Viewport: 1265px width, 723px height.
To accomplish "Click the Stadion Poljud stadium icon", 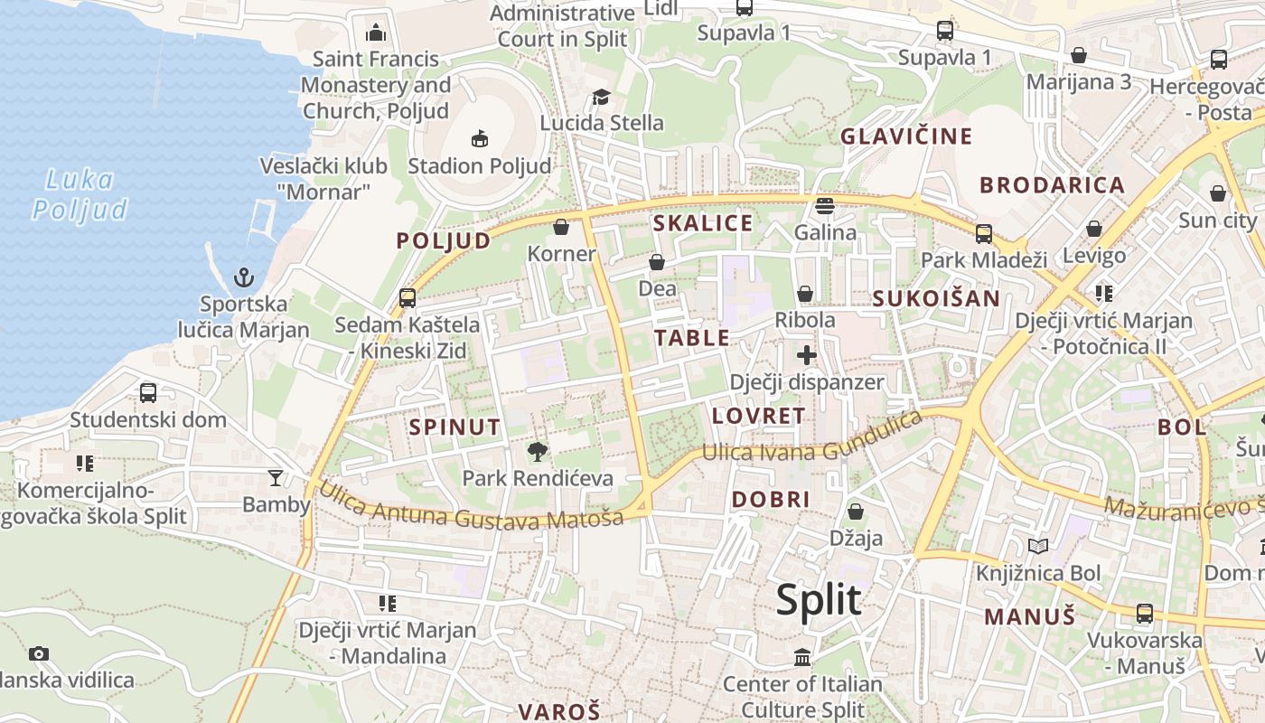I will [480, 138].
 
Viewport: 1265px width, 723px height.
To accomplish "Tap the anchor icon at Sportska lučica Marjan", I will [243, 277].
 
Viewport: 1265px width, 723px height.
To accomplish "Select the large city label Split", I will [819, 600].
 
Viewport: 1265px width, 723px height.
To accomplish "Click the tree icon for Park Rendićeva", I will [538, 451].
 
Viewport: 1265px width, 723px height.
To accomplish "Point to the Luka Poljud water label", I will [80, 194].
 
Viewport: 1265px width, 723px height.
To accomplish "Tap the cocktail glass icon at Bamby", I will [276, 477].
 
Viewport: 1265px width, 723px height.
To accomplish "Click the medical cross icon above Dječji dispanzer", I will [807, 354].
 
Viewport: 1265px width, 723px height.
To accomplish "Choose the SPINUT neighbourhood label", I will [454, 427].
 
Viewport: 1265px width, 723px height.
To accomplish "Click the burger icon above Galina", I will [824, 205].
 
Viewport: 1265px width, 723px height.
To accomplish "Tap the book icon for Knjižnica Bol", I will [1038, 546].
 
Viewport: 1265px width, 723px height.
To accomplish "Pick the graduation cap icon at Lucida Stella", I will [601, 97].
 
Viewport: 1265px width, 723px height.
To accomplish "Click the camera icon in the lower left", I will [38, 653].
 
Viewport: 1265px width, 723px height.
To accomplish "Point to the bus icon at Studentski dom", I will [148, 393].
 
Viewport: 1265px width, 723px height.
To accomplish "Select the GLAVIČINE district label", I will [906, 136].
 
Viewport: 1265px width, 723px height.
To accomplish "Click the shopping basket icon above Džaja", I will [856, 512].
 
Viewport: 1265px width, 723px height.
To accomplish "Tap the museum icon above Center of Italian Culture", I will [802, 657].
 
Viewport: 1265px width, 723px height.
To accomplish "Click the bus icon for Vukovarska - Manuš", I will [1145, 613].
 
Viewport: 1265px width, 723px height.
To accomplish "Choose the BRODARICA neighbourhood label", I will [1052, 185].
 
